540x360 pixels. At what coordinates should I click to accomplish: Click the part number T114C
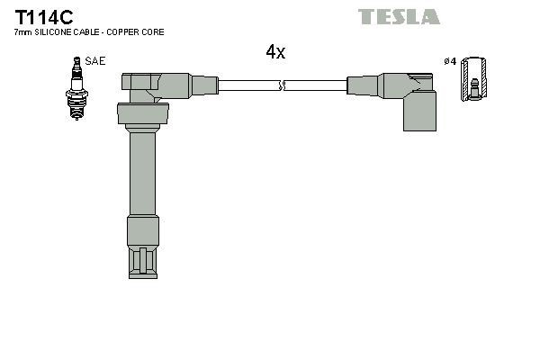pyautogui.click(x=34, y=16)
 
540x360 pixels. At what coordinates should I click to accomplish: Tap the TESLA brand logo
pyautogui.click(x=399, y=16)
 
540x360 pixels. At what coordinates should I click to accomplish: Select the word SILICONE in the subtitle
pyautogui.click(x=53, y=32)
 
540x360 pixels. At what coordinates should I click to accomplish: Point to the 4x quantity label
pyautogui.click(x=275, y=52)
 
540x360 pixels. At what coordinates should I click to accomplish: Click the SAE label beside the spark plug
pyautogui.click(x=95, y=61)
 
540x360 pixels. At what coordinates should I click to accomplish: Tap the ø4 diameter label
pyautogui.click(x=450, y=61)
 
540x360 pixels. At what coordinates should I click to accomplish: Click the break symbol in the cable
pyautogui.click(x=283, y=86)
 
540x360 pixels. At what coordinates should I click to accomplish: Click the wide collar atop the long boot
pyautogui.click(x=142, y=114)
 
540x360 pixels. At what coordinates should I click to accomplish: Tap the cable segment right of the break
pyautogui.click(x=315, y=86)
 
